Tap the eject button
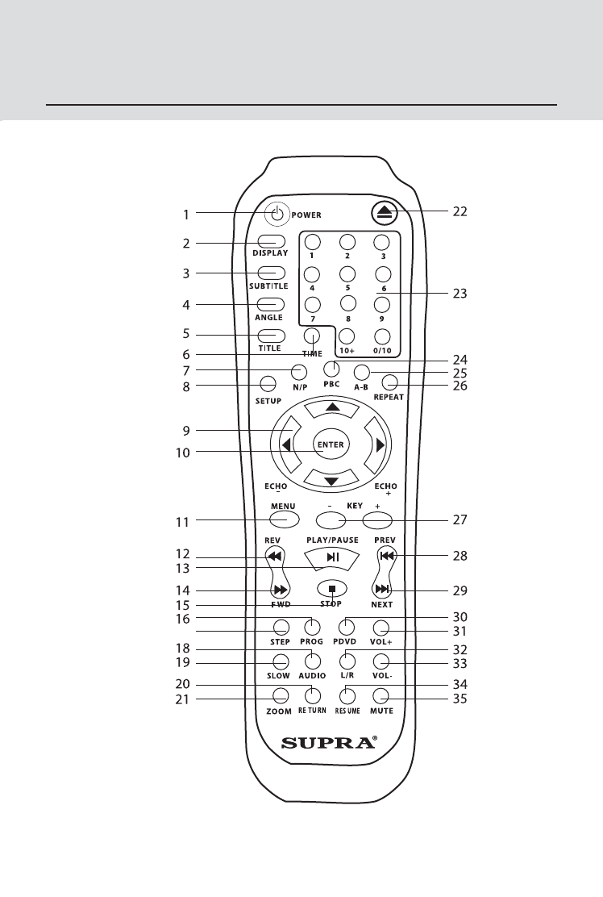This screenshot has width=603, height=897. pos(384,212)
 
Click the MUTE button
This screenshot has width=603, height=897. pos(381,697)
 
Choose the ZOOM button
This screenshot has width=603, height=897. pos(281,697)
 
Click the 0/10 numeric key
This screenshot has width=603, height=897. pos(383,336)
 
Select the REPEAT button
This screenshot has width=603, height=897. pos(390,382)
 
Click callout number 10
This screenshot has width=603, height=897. pos(182,453)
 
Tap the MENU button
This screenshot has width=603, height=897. pos(283,519)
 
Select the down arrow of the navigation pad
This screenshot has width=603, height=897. pos(331,481)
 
